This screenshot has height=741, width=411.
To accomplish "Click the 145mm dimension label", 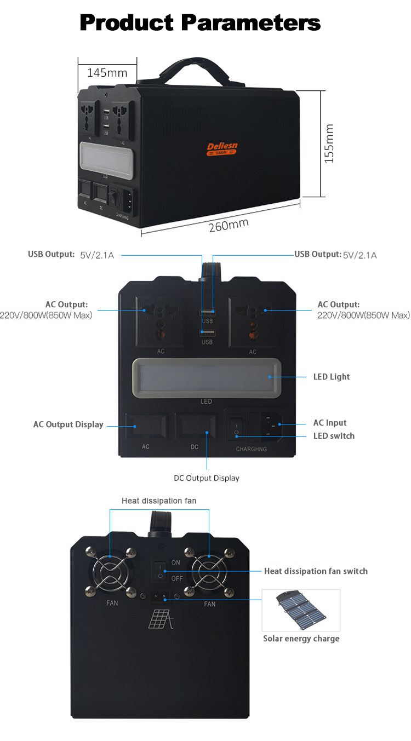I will point(107,72).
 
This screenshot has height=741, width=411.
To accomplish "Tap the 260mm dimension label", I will point(229,225).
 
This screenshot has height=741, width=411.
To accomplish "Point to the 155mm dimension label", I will point(329,143).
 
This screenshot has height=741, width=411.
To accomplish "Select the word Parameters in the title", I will point(250,22).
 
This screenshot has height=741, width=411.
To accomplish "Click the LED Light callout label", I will point(331,377).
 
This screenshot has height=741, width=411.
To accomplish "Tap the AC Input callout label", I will point(330,423).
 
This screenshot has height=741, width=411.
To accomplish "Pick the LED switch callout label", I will point(334,436).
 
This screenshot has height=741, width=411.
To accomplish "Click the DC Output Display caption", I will point(207,478).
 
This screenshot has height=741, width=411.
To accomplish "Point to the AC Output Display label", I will point(68,424).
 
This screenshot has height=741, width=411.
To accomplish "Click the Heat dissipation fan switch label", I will point(316,571).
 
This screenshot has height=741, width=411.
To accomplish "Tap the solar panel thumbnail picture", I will point(301,610).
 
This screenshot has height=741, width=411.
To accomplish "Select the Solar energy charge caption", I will point(301,639).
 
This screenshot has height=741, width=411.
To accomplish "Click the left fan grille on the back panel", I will point(110,571).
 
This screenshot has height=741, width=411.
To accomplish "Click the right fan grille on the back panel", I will point(209,571).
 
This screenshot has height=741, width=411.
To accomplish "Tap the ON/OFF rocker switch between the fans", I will point(161,571).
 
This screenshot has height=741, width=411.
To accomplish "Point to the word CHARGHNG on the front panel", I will point(251,449).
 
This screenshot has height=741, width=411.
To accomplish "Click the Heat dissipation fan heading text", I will point(159,501).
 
